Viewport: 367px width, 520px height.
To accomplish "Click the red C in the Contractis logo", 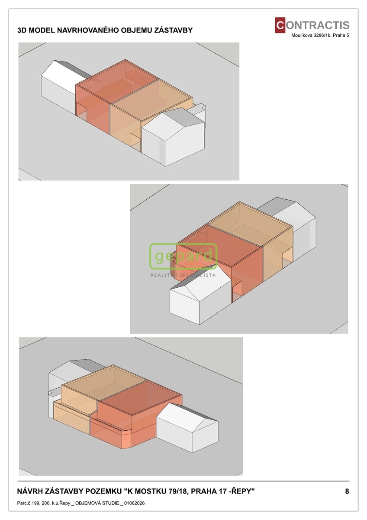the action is point(280,25).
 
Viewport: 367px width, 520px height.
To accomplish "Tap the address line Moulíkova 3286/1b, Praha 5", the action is point(320,36).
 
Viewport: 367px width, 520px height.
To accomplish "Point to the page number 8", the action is point(347,491).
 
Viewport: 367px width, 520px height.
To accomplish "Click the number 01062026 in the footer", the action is point(134,503).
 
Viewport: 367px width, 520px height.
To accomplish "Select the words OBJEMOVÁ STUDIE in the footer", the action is point(97,503).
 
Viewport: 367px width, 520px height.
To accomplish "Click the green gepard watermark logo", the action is point(183,256).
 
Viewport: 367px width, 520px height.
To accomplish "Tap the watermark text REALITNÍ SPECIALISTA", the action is point(183,275).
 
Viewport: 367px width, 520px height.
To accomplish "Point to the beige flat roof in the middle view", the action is point(249,223).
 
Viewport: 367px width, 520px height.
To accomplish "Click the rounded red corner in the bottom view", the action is point(126,439).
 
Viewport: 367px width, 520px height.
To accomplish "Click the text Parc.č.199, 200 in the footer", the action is point(32,503).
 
